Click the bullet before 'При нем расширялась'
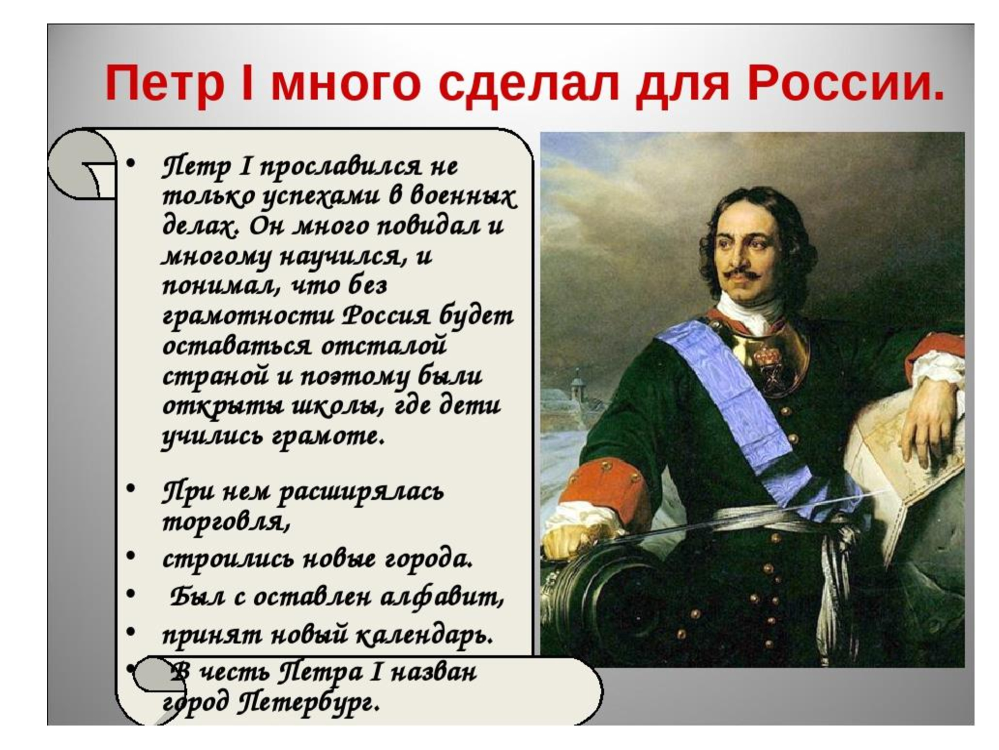tap(130, 488)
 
